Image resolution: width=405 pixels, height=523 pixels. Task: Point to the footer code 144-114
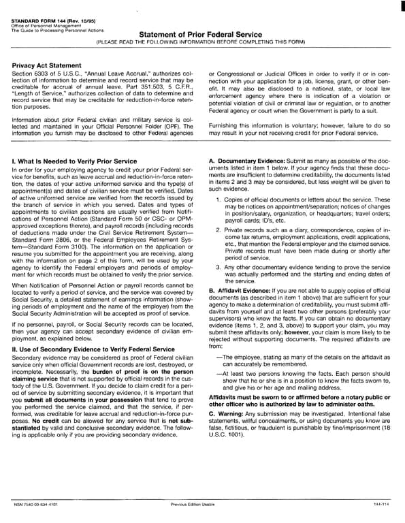381,505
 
